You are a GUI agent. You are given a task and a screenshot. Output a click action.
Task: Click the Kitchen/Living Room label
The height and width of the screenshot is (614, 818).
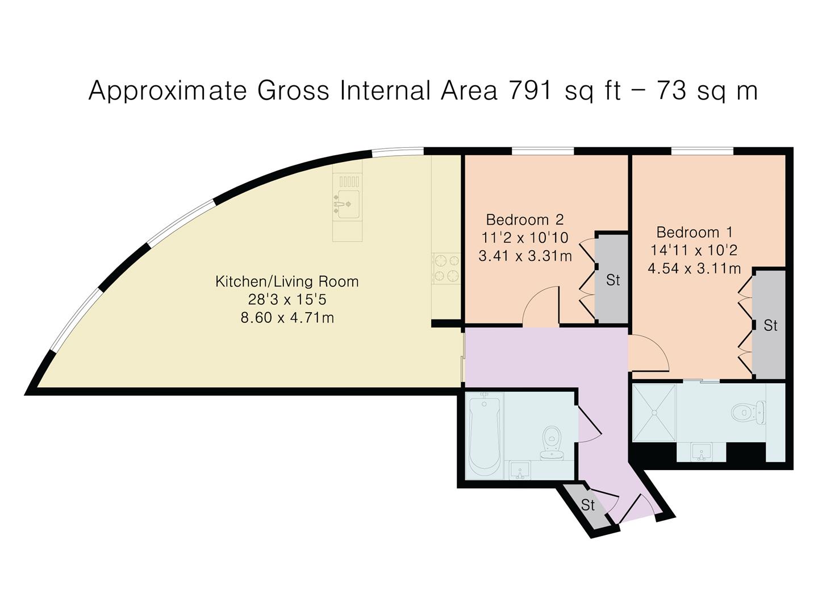click(287, 281)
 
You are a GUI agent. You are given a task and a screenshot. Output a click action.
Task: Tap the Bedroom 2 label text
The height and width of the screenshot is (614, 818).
click(525, 219)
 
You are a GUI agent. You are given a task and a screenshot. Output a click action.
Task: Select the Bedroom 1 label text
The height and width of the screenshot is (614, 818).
click(694, 233)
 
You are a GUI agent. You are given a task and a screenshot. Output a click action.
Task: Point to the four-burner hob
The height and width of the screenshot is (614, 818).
click(446, 267)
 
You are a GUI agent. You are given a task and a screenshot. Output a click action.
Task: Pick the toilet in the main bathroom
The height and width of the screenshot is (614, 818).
click(552, 443)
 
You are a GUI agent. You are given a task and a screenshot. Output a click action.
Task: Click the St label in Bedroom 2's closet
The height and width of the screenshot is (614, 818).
click(613, 280)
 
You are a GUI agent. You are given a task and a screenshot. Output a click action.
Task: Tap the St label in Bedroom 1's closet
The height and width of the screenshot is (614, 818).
click(770, 325)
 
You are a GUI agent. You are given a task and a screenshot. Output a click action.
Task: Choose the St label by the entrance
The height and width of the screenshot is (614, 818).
click(588, 505)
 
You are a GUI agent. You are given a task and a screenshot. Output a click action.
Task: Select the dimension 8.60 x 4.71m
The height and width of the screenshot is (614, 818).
click(287, 318)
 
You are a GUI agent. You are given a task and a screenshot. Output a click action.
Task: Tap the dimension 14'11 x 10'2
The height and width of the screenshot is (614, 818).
click(694, 250)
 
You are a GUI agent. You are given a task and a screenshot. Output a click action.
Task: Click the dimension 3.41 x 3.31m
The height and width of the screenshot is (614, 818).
click(525, 256)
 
